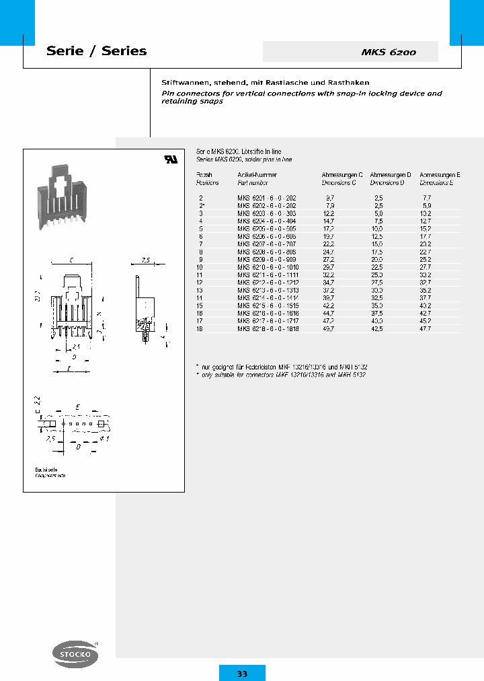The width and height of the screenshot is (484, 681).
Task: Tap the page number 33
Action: click(242, 674)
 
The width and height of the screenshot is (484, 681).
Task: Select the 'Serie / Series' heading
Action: click(96, 51)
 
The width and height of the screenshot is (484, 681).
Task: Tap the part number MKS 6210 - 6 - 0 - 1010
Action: click(266, 267)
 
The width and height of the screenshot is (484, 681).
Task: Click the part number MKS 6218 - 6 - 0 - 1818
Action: click(266, 329)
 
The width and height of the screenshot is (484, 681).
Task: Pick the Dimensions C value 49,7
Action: click(329, 329)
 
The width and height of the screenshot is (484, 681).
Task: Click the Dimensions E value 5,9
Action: click(426, 205)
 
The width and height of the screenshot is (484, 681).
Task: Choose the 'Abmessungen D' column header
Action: click(390, 174)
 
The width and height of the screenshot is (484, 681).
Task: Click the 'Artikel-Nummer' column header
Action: click(258, 174)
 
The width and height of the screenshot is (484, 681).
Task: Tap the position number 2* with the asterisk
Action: click(201, 205)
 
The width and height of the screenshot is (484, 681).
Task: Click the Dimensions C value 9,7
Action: click(329, 198)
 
